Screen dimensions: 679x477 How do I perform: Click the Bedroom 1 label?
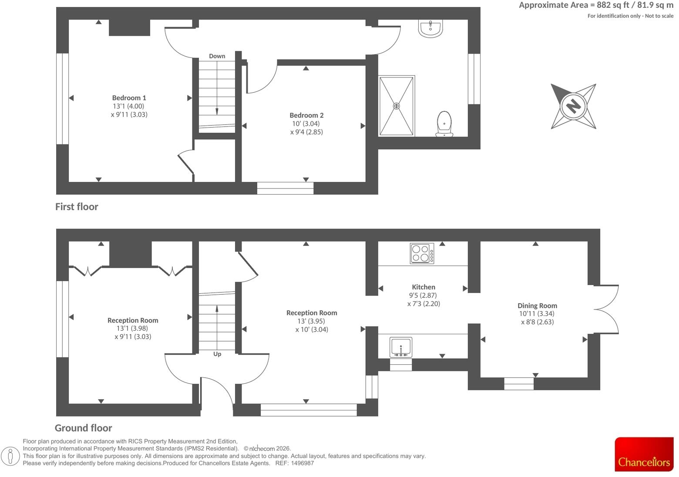click(x=129, y=98)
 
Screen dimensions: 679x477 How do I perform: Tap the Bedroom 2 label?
click(x=306, y=115)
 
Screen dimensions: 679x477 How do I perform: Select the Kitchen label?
click(x=424, y=287)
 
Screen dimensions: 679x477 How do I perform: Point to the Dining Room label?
click(x=537, y=306)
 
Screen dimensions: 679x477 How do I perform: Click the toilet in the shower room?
click(x=444, y=124)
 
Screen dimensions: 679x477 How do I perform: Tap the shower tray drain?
click(x=396, y=106)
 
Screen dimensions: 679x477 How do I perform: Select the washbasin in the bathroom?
click(x=430, y=28)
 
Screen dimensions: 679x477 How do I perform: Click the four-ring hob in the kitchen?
click(x=422, y=253)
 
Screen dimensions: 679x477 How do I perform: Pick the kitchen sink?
click(x=401, y=347)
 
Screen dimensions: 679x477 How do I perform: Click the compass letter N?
click(x=573, y=106)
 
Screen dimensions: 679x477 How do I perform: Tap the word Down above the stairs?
click(x=217, y=56)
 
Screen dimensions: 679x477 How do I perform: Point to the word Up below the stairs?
click(x=217, y=354)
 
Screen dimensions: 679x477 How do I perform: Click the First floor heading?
click(x=77, y=207)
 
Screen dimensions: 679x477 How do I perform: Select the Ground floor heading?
click(x=84, y=428)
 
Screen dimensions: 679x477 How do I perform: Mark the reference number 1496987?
click(x=302, y=463)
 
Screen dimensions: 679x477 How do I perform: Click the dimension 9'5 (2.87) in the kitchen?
click(x=423, y=296)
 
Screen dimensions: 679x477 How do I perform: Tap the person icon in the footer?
click(x=10, y=456)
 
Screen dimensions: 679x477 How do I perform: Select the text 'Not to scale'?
click(x=659, y=16)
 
